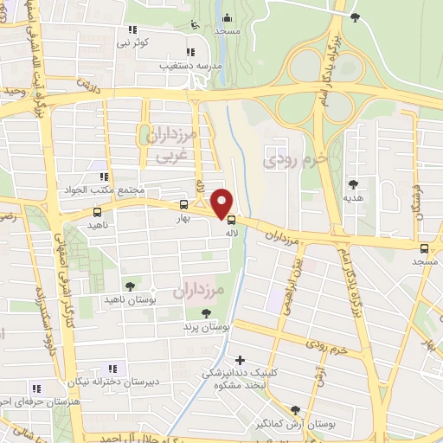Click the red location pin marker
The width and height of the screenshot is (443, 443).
point(222,202)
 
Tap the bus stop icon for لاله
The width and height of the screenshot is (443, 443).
point(229,220)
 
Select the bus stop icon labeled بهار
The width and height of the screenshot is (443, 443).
point(183,206)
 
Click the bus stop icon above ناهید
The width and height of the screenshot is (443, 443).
point(96,212)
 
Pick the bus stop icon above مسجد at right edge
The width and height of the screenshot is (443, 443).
point(424,248)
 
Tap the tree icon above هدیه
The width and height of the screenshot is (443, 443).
point(353,183)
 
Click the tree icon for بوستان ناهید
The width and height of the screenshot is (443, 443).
point(130,286)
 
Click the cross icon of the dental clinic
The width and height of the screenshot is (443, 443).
point(240,359)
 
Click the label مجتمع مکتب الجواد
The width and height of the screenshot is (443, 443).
point(139,190)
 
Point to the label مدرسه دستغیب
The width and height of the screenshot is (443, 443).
point(189,65)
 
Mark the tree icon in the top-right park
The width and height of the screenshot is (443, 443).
point(355,16)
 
